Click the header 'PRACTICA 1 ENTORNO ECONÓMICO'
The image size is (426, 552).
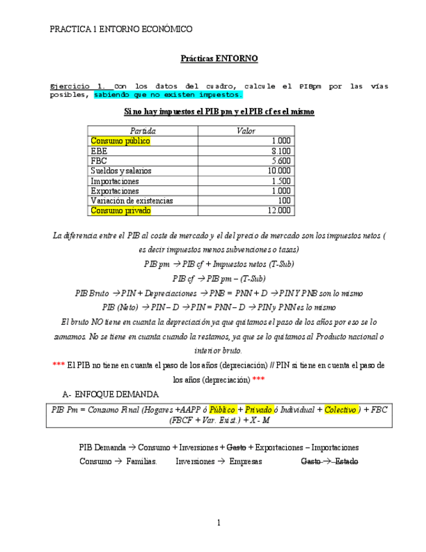tap(121, 29)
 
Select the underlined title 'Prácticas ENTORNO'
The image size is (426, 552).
tap(219, 59)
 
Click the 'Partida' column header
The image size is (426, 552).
tap(142, 131)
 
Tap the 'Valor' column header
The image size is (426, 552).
tap(246, 131)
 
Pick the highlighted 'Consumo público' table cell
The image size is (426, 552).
tap(120, 141)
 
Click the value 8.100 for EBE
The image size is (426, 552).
tap(281, 151)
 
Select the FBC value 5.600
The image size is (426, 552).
tap(281, 161)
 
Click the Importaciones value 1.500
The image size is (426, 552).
tap(281, 181)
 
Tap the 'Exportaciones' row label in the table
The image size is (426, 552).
tap(115, 191)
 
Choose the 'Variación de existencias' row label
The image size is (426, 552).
tap(132, 201)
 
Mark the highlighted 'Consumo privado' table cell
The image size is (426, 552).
tap(121, 211)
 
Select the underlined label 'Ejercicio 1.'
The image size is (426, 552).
tap(77, 86)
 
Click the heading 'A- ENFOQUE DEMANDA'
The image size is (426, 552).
tap(110, 394)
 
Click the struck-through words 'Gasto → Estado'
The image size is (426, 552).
tap(329, 462)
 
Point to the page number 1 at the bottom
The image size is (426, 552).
tap(219, 523)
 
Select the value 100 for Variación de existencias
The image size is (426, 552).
tap(284, 201)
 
